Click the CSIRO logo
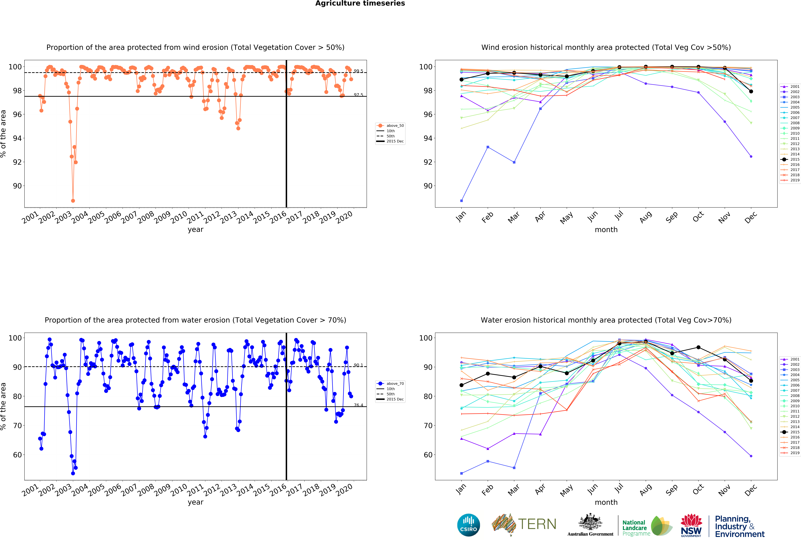pyautogui.click(x=468, y=525)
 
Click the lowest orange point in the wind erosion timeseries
pyautogui.click(x=73, y=201)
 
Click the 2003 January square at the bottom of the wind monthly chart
pyautogui.click(x=461, y=201)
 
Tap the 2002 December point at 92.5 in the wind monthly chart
pyautogui.click(x=751, y=157)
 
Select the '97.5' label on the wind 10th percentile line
pyautogui.click(x=358, y=95)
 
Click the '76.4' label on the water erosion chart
pyautogui.click(x=358, y=405)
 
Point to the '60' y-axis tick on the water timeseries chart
pyautogui.click(x=17, y=455)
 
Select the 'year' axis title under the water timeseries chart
pyautogui.click(x=195, y=502)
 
